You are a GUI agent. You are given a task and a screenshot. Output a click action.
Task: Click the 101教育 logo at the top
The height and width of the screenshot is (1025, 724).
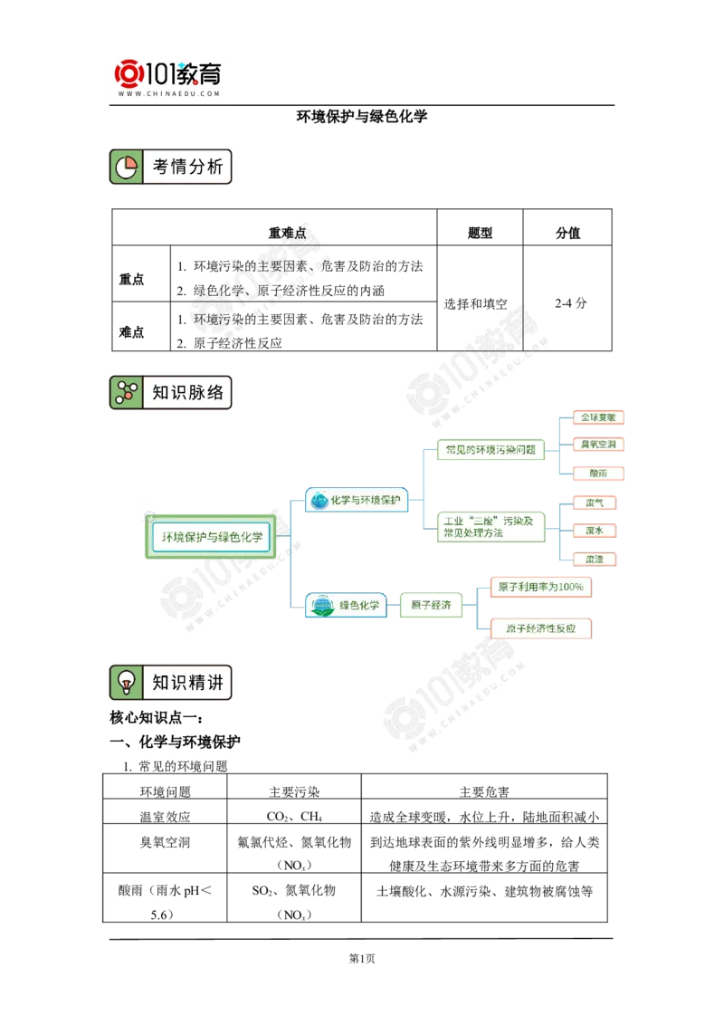point(170,76)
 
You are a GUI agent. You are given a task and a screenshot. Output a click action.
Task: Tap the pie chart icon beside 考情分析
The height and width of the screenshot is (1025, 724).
point(126,167)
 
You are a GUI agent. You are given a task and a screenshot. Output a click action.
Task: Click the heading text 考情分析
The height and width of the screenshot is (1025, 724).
point(187,167)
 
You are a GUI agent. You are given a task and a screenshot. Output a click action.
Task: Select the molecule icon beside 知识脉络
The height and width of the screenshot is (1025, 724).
point(126,393)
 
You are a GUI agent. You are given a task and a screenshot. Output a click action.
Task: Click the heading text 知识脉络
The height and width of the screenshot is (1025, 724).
point(187,393)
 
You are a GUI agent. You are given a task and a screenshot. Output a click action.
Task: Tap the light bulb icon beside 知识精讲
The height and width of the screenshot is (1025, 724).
point(126,682)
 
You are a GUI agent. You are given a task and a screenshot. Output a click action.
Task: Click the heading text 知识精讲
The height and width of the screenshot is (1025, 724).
point(187,682)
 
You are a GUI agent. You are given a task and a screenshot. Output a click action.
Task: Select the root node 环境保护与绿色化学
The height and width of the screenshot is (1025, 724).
point(212,537)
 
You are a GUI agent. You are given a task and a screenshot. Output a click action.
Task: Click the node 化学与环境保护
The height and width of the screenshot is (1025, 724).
point(357,499)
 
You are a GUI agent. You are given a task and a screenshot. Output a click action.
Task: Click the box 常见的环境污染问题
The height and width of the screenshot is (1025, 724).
point(491,449)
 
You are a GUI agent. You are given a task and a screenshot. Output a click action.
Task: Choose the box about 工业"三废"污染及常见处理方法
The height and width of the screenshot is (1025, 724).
point(491,526)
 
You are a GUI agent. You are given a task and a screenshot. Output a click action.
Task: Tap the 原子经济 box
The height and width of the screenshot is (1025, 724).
point(431,605)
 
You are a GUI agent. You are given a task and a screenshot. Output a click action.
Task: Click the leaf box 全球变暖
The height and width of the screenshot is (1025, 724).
point(599,417)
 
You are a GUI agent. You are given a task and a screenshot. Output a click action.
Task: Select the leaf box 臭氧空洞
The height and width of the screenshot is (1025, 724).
point(599,445)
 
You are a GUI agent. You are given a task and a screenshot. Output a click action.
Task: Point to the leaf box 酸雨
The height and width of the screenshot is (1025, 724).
point(599,474)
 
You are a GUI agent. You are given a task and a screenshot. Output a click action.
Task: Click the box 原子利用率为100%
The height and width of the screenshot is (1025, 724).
point(539,588)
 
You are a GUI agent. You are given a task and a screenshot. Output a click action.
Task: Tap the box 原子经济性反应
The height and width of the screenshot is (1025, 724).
point(539,628)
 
